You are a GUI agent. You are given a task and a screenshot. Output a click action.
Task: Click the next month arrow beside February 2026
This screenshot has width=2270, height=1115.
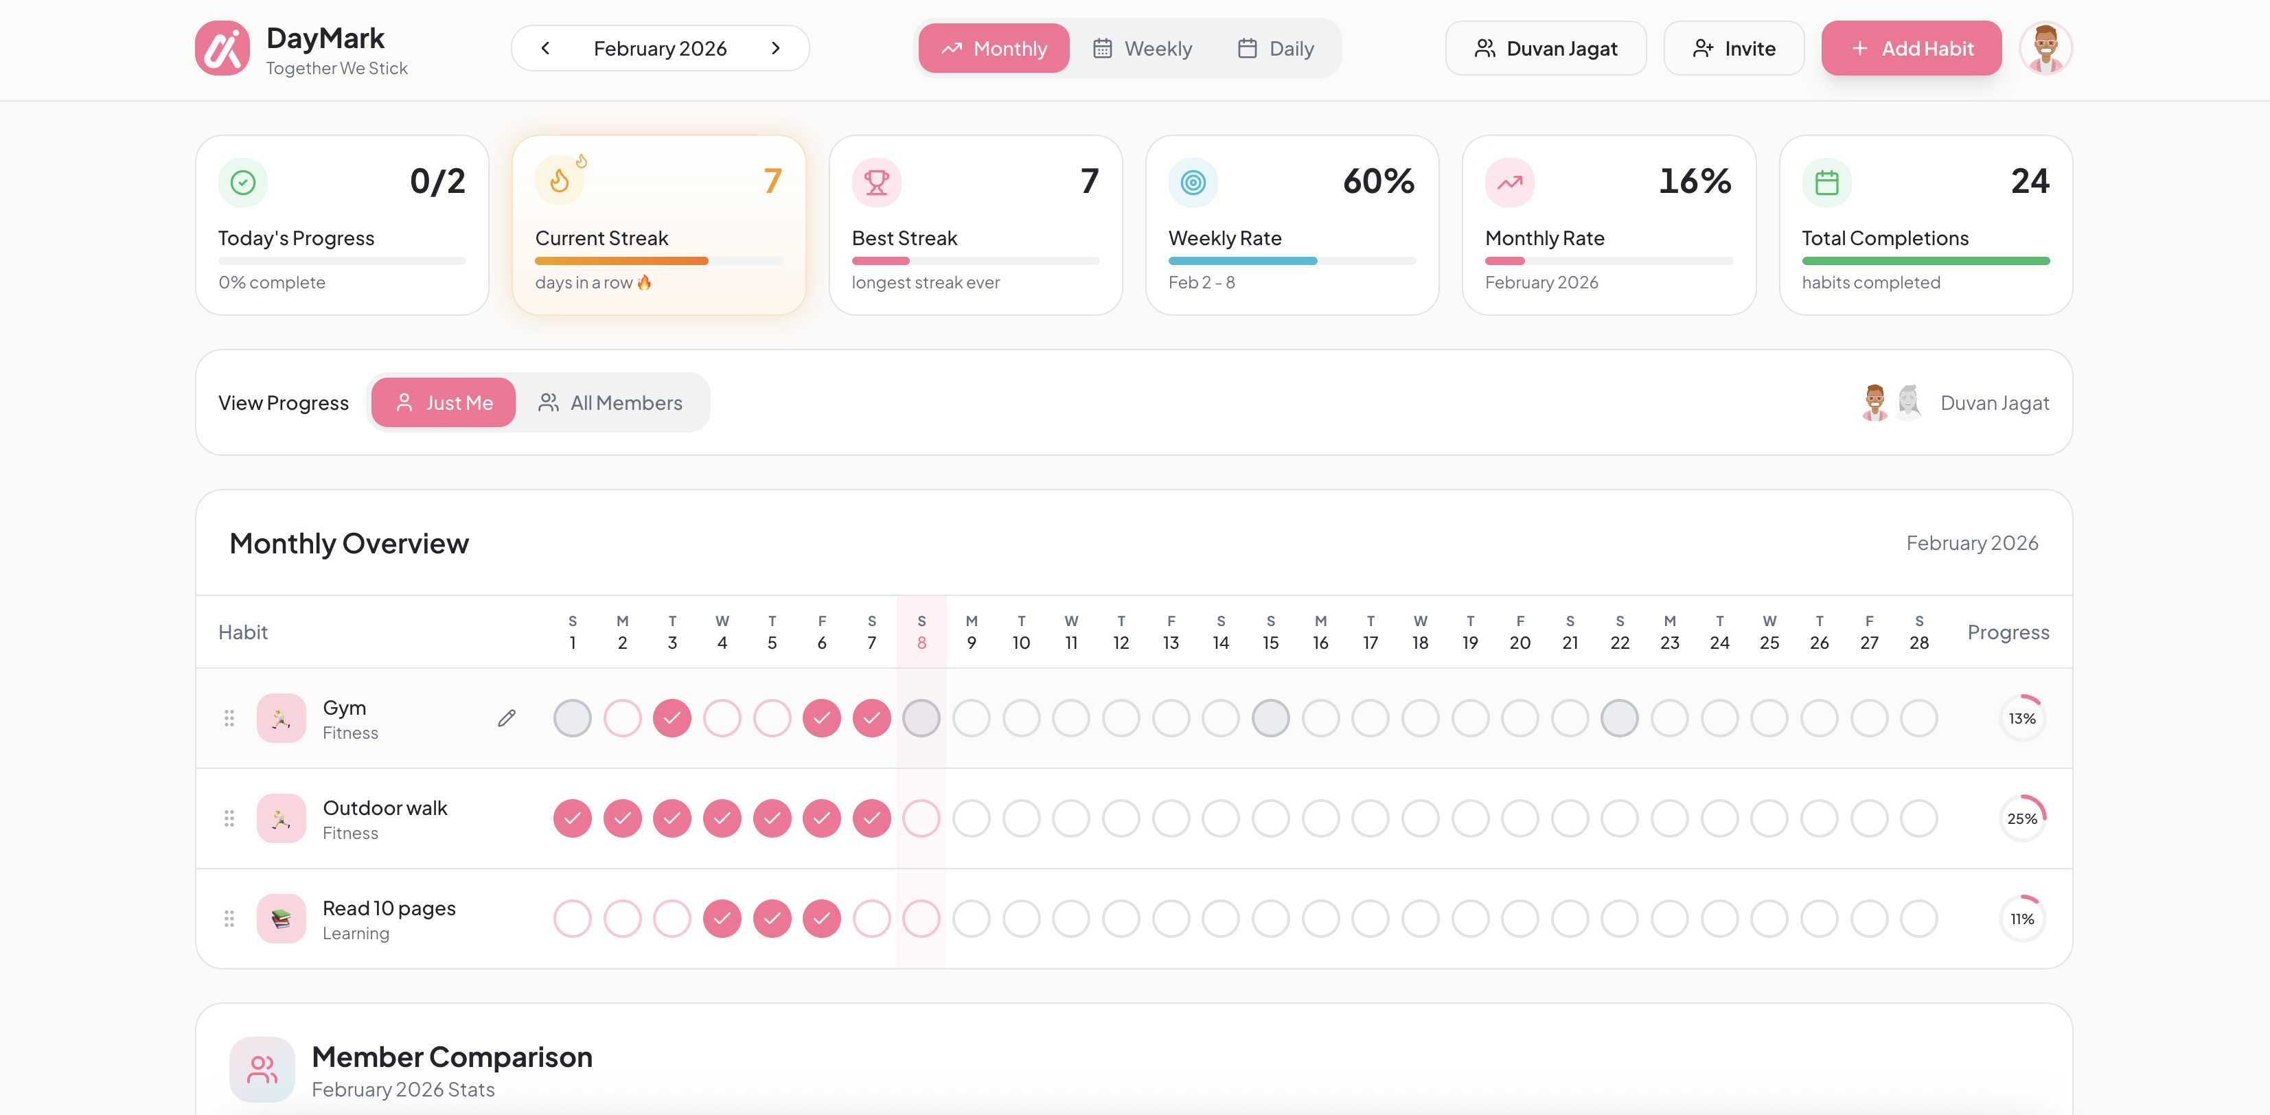775,49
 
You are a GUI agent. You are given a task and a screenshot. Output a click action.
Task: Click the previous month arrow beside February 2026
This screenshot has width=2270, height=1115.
545,49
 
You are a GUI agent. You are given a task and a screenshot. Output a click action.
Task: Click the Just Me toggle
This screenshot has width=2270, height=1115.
444,403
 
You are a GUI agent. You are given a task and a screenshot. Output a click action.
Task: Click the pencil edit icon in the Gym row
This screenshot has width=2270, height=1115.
507,718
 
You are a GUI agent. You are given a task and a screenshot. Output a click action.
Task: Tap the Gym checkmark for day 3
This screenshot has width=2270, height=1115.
672,718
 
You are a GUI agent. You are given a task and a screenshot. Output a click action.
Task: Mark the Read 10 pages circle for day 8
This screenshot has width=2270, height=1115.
921,919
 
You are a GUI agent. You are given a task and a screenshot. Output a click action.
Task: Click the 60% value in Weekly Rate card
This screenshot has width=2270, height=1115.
1378,181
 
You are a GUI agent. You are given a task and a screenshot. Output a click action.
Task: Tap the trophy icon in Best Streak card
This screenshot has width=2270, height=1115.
876,183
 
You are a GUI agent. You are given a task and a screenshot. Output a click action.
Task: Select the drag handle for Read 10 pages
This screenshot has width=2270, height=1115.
229,919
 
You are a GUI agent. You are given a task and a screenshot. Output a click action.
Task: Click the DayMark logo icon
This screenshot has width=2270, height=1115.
222,49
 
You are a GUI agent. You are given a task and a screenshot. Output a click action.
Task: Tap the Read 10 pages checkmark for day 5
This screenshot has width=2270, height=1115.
771,919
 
